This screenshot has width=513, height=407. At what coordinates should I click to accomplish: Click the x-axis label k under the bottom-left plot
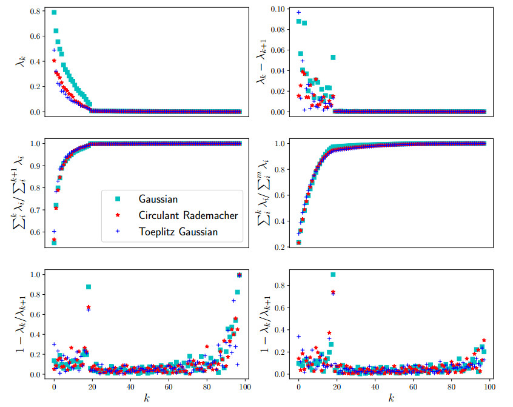coord(147,398)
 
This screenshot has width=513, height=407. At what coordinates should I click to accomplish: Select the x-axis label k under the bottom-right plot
coord(391,398)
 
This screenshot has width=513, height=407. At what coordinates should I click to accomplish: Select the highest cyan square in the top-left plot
coord(54,12)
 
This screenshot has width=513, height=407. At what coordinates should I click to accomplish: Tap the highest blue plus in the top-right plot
coord(298,12)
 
